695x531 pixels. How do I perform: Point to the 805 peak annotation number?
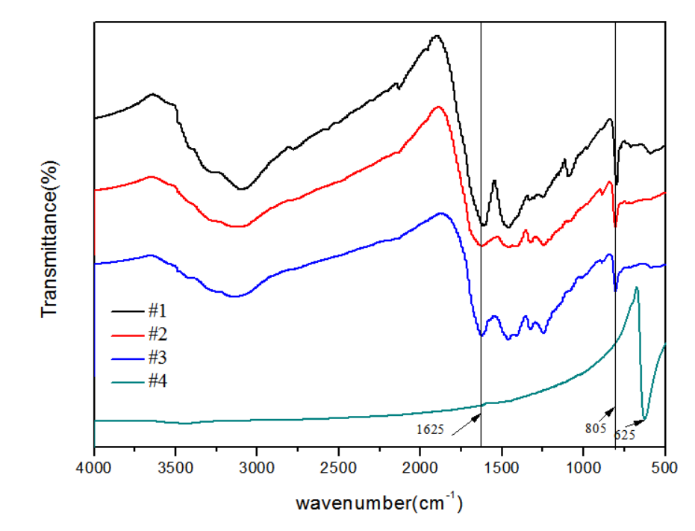595,429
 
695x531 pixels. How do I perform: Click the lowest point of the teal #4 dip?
644,420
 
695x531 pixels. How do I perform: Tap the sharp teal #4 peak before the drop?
636,287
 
